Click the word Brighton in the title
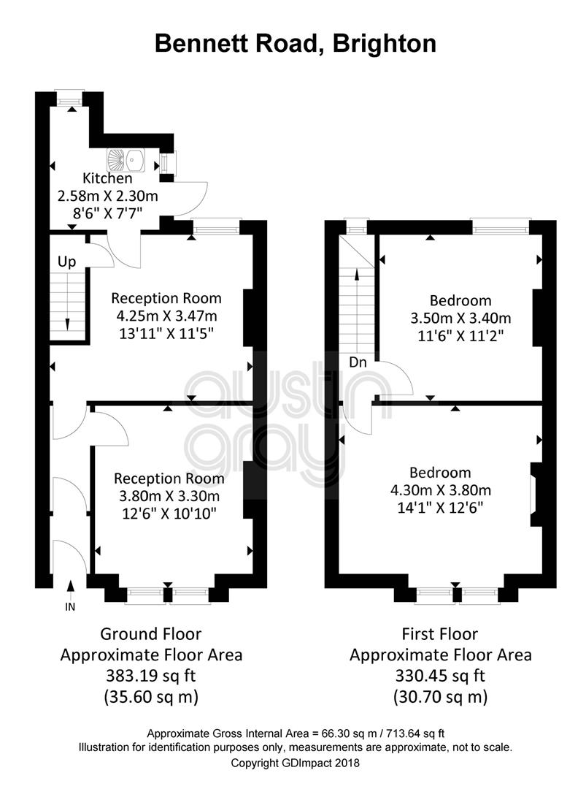pyautogui.click(x=384, y=44)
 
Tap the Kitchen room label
pyautogui.click(x=107, y=178)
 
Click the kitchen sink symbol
pyautogui.click(x=126, y=160)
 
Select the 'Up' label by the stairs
pyautogui.click(x=67, y=262)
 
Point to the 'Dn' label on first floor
pyautogui.click(x=358, y=362)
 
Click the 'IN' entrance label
pyautogui.click(x=70, y=607)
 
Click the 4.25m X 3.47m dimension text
pyautogui.click(x=167, y=316)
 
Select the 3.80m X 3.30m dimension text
pyautogui.click(x=169, y=496)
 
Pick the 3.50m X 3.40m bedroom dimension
pyautogui.click(x=461, y=318)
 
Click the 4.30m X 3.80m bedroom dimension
pyautogui.click(x=441, y=490)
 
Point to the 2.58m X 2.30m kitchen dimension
pyautogui.click(x=107, y=196)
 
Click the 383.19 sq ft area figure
pyautogui.click(x=151, y=675)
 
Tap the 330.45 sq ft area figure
pyautogui.click(x=440, y=675)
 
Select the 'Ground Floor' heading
pyautogui.click(x=151, y=633)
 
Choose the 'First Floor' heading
pyautogui.click(x=440, y=633)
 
